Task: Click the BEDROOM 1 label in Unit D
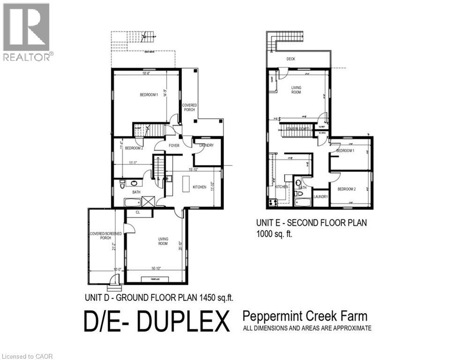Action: (149, 95)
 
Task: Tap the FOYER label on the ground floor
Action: (174, 146)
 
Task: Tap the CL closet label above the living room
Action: (138, 212)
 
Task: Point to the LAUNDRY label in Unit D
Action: (206, 145)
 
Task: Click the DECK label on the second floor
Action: (291, 59)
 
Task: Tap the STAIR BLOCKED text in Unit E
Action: (296, 127)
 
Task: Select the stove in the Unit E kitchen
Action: (272, 202)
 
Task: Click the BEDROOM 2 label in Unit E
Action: (347, 189)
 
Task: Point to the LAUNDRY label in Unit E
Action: (321, 197)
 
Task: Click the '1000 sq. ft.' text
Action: (274, 234)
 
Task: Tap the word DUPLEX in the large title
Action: (186, 323)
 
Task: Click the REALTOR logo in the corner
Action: (27, 31)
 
